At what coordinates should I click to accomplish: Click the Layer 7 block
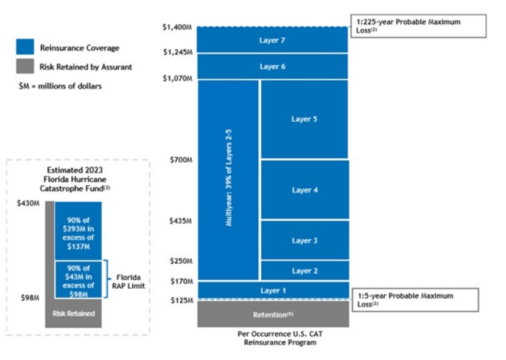pyautogui.click(x=272, y=40)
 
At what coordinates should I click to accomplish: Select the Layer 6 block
pyautogui.click(x=272, y=66)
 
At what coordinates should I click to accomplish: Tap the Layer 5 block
pyautogui.click(x=304, y=119)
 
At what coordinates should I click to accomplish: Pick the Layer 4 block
pyautogui.click(x=304, y=190)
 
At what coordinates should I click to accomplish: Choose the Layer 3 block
pyautogui.click(x=304, y=241)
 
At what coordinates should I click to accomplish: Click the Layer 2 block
pyautogui.click(x=304, y=270)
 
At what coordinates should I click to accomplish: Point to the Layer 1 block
pyautogui.click(x=272, y=291)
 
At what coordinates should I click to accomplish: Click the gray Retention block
pyautogui.click(x=272, y=314)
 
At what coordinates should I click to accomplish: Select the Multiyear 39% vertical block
pyautogui.click(x=229, y=180)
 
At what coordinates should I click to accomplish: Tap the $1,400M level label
pyautogui.click(x=177, y=27)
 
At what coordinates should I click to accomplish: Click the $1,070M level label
pyautogui.click(x=177, y=79)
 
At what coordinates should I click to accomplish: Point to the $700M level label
pyautogui.click(x=181, y=160)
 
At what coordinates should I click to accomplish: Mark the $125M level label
pyautogui.click(x=181, y=300)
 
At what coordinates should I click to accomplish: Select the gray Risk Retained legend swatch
pyautogui.click(x=25, y=66)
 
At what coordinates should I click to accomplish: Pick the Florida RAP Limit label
pyautogui.click(x=128, y=281)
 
